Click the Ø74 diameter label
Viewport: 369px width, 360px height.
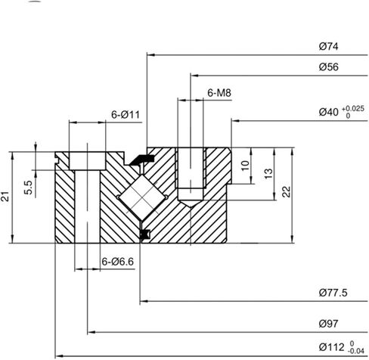tap(327, 47)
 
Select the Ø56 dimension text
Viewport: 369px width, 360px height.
tap(327, 68)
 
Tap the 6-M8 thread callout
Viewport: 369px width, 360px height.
tap(219, 92)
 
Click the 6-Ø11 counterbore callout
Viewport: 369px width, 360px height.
tap(126, 114)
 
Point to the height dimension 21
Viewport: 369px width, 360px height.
tap(7, 197)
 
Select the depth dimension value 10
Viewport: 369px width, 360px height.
tap(244, 165)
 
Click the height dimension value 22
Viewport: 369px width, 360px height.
tap(285, 192)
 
